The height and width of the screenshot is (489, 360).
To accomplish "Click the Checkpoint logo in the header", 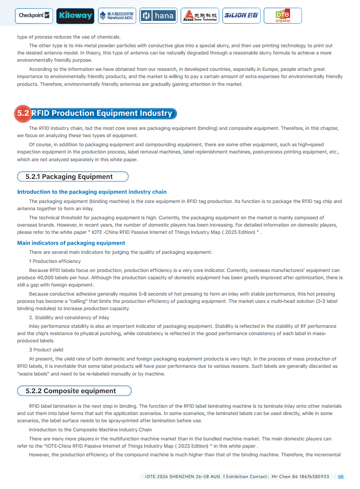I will [x=34, y=16].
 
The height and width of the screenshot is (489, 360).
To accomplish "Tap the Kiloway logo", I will [x=75, y=16].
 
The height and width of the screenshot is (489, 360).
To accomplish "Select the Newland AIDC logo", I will [x=117, y=16].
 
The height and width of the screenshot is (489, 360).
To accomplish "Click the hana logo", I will [x=158, y=16].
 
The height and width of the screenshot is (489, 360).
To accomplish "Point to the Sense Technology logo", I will [x=200, y=16].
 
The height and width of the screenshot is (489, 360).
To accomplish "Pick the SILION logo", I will [x=241, y=16].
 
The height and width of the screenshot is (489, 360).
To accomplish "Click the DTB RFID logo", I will [x=282, y=16].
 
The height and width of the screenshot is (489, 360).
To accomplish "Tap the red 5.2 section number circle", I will [x=23, y=114].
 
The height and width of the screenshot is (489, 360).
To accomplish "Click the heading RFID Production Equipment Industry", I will [x=102, y=114].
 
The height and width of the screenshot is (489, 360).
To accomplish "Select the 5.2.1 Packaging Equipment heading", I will [x=69, y=177].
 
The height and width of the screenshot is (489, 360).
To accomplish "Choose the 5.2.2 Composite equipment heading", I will [x=71, y=391].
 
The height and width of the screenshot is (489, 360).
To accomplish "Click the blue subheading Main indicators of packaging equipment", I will [x=71, y=243].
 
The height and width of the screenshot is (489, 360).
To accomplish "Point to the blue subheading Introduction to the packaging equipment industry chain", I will [x=92, y=192].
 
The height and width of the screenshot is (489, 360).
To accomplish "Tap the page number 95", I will [x=341, y=477].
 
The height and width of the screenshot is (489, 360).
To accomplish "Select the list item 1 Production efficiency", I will [x=55, y=261].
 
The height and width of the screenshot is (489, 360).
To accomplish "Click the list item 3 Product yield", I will [x=46, y=350].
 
